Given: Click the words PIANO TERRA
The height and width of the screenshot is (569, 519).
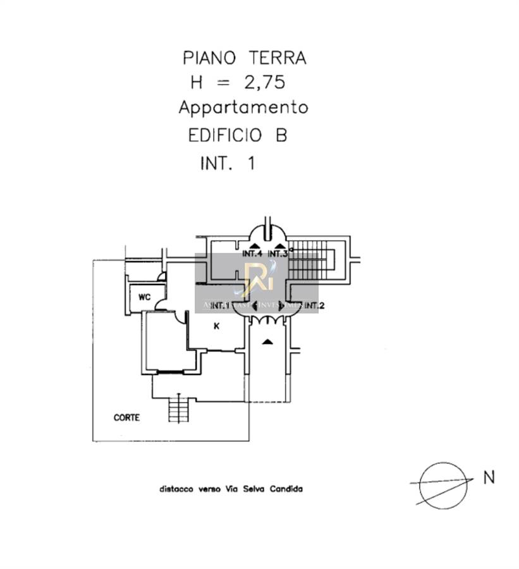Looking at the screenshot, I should pos(244,58).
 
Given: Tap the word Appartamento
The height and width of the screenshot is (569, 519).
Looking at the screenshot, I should pos(243,107).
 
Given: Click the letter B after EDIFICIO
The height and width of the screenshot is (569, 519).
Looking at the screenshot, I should pos(281,135).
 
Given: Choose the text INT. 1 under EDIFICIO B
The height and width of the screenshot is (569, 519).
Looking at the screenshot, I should pos(227,163).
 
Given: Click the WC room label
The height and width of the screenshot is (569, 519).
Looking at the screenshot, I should pos(145,297).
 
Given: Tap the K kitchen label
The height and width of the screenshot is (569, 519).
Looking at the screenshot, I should pos(216,326).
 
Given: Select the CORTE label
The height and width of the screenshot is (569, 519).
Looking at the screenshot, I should pos(126,418).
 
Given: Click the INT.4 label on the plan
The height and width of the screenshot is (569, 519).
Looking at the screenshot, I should pos(252,254).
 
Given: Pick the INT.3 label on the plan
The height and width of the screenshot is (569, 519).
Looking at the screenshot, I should pos(278,254).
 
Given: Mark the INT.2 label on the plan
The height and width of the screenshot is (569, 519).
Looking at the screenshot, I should pos(314,307).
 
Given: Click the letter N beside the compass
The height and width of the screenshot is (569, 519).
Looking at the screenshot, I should pos(489,477).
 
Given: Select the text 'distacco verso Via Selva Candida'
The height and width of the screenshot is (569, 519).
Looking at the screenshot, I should pos(231,489).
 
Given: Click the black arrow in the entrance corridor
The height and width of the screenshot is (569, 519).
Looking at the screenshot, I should pos(267,342).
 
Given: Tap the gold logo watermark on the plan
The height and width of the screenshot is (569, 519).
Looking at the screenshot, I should pos(258,279).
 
